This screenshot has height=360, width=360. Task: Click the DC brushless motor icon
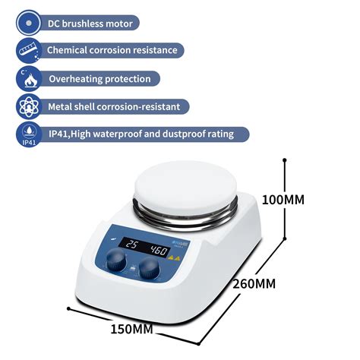pos(29,23)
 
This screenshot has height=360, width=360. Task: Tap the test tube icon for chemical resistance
pos(29,50)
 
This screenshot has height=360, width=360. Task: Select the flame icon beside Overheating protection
pos(29,78)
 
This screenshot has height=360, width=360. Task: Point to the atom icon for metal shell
pos(29,106)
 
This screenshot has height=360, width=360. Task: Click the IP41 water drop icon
pos(29,134)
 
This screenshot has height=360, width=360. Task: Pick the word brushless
pos(88,24)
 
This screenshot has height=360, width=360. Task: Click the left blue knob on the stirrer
pos(116,262)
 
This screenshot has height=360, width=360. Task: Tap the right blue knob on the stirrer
pos(150,268)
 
